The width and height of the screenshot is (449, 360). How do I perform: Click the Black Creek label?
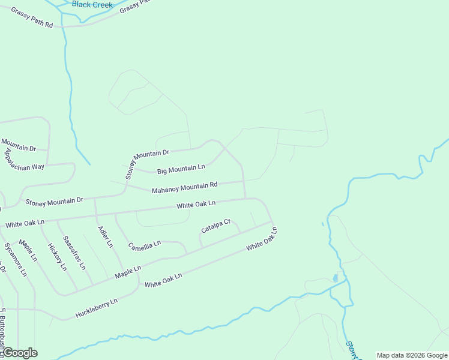pyautogui.click(x=92, y=4)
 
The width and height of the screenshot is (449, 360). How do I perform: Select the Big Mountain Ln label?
pyautogui.click(x=181, y=169)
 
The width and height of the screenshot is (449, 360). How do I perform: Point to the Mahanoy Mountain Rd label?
pyautogui.click(x=184, y=188)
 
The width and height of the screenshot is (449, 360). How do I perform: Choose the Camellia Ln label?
pyautogui.click(x=145, y=245)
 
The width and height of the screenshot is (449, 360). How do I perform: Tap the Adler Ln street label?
pyautogui.click(x=105, y=236)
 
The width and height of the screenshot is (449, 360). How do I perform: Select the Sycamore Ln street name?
pyautogui.click(x=16, y=259)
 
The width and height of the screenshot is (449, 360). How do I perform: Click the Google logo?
pyautogui.click(x=19, y=353)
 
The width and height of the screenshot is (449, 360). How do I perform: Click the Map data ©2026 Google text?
pyautogui.click(x=412, y=355)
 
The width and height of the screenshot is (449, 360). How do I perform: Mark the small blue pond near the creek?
pyautogui.click(x=335, y=278)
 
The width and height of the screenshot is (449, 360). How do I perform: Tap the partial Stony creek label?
pyautogui.click(x=352, y=350)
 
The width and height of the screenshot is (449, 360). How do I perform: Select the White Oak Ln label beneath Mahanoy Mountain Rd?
pyautogui.click(x=196, y=205)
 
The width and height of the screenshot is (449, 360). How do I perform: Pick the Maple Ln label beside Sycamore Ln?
pyautogui.click(x=28, y=250)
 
